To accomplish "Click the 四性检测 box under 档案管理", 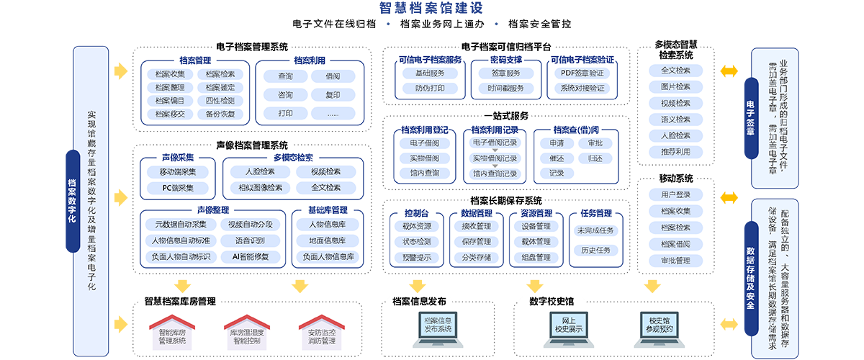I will [220, 101].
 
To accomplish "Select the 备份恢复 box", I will [220, 114].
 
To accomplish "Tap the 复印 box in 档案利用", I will [333, 95].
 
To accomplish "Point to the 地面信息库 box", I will [327, 240].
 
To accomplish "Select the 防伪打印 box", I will [430, 89].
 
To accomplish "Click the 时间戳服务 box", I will [504, 89].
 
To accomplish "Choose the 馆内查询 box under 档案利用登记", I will [425, 174].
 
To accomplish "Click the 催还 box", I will [557, 158].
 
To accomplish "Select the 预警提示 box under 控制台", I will [417, 257].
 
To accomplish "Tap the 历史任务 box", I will [595, 250].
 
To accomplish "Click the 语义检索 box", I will [675, 120].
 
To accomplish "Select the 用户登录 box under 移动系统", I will [675, 195].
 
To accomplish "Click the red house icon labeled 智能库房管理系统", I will [171, 331].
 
